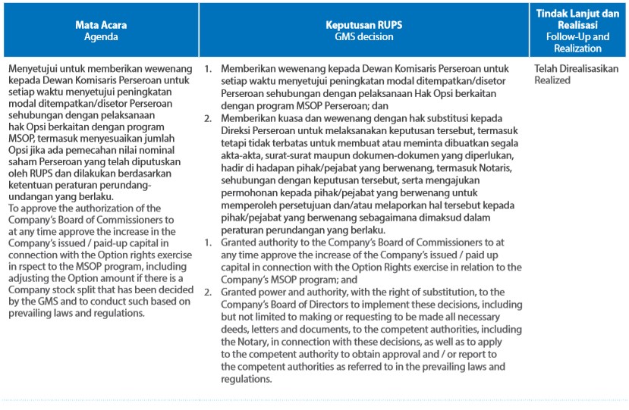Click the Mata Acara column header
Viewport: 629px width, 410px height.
(101, 24)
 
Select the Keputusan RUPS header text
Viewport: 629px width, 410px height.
(364, 24)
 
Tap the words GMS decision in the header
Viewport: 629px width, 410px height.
(364, 36)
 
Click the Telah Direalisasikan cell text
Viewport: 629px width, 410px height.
(577, 68)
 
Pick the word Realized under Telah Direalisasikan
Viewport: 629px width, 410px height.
(552, 80)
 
